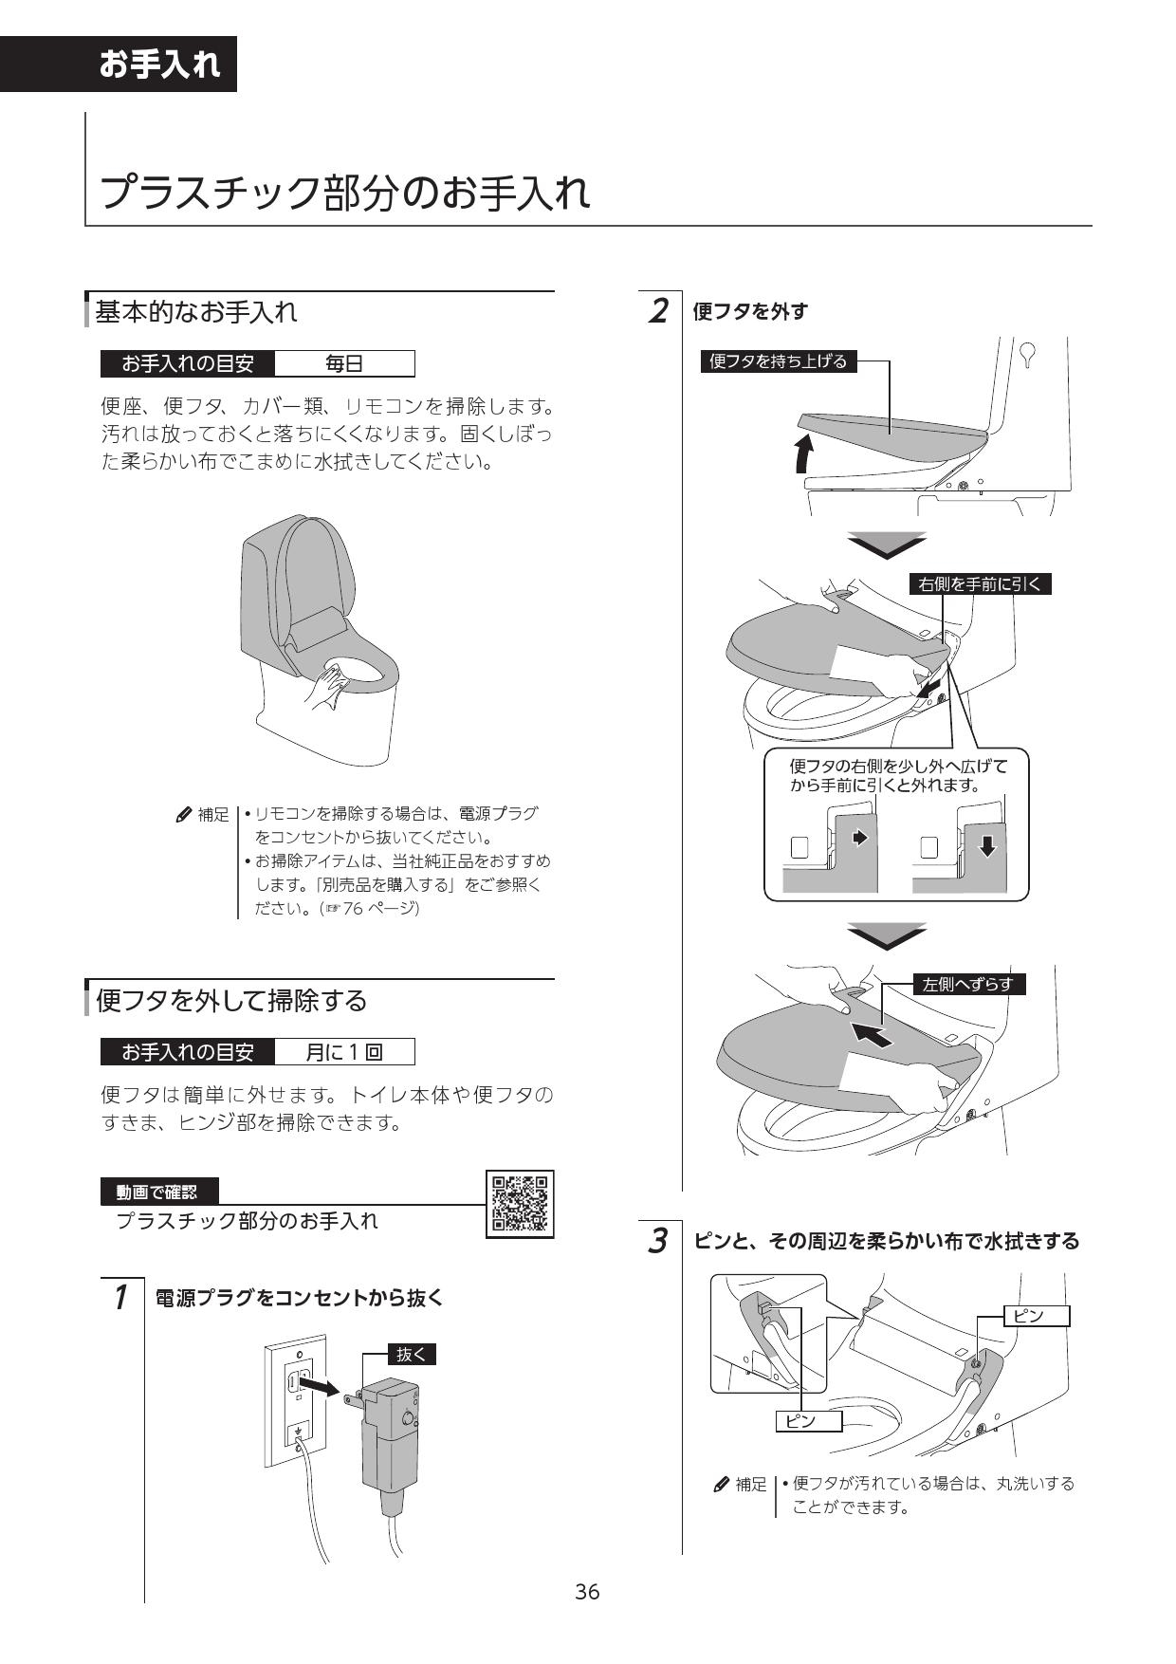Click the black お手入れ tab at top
point(158,65)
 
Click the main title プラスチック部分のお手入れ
point(345,193)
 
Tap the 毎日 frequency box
point(343,363)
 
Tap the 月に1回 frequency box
point(343,1052)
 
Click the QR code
point(520,1204)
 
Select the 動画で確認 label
point(159,1192)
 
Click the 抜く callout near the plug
point(412,1354)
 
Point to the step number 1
point(120,1296)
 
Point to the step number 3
point(657,1240)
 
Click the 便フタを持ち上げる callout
point(778,361)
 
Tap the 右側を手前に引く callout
point(980,584)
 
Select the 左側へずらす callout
point(968,985)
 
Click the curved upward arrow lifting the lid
point(804,453)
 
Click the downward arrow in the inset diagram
point(987,846)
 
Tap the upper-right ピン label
point(1036,1316)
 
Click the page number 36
point(587,1592)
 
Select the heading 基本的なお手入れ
point(196,311)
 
